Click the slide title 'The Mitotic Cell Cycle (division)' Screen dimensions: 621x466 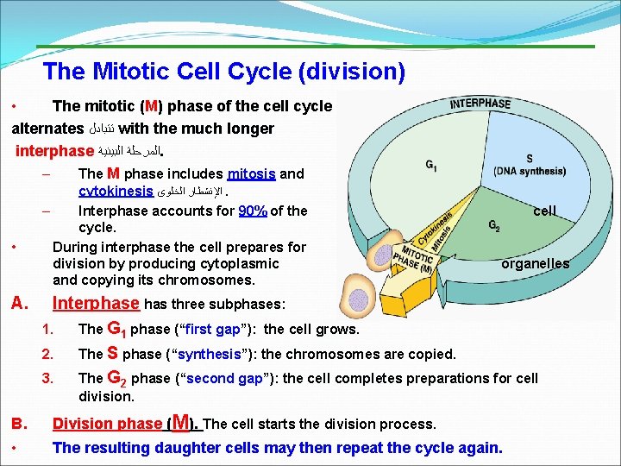(224, 71)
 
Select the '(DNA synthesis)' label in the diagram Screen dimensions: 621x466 (530, 171)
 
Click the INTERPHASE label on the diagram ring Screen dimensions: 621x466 (480, 104)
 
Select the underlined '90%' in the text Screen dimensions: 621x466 (252, 211)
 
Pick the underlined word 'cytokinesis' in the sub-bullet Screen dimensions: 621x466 (116, 191)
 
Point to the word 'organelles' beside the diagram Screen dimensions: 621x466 (536, 264)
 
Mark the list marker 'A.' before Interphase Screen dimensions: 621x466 (21, 304)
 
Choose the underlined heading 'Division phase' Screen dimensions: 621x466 (108, 424)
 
